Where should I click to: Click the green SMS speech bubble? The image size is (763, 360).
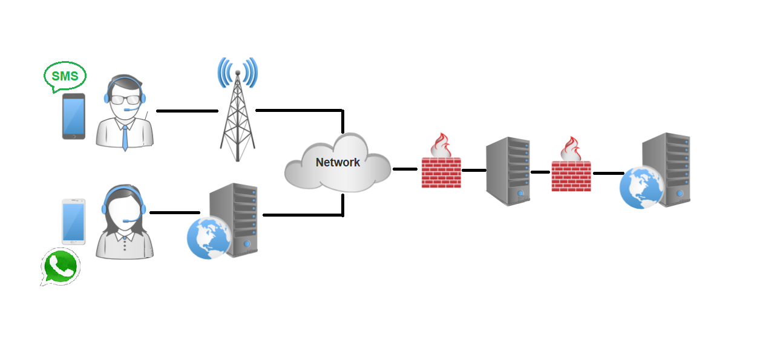coord(65,76)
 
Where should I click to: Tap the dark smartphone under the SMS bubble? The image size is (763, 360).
coord(74,116)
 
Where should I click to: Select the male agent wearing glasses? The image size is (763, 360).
coord(125,112)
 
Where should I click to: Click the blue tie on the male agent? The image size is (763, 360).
coord(125,137)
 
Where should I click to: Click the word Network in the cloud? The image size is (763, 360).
coord(338,162)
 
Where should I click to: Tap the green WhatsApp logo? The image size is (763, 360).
coord(61,266)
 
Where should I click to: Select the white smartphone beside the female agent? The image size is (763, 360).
coord(73,221)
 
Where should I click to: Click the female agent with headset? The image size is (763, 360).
coord(124,223)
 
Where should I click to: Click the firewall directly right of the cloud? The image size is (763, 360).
coord(441,172)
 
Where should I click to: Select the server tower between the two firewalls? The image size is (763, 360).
coord(508,171)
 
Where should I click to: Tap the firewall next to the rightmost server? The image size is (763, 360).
coord(571,175)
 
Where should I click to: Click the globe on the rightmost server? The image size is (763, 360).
coord(641,187)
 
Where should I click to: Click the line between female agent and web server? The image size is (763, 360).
coord(174,212)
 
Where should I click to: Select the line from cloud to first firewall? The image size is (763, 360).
coord(405,169)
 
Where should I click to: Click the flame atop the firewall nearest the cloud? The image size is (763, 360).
coord(441,146)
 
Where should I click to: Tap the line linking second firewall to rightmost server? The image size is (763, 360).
coord(608,174)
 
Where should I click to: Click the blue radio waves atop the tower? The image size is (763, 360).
coord(237,71)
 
